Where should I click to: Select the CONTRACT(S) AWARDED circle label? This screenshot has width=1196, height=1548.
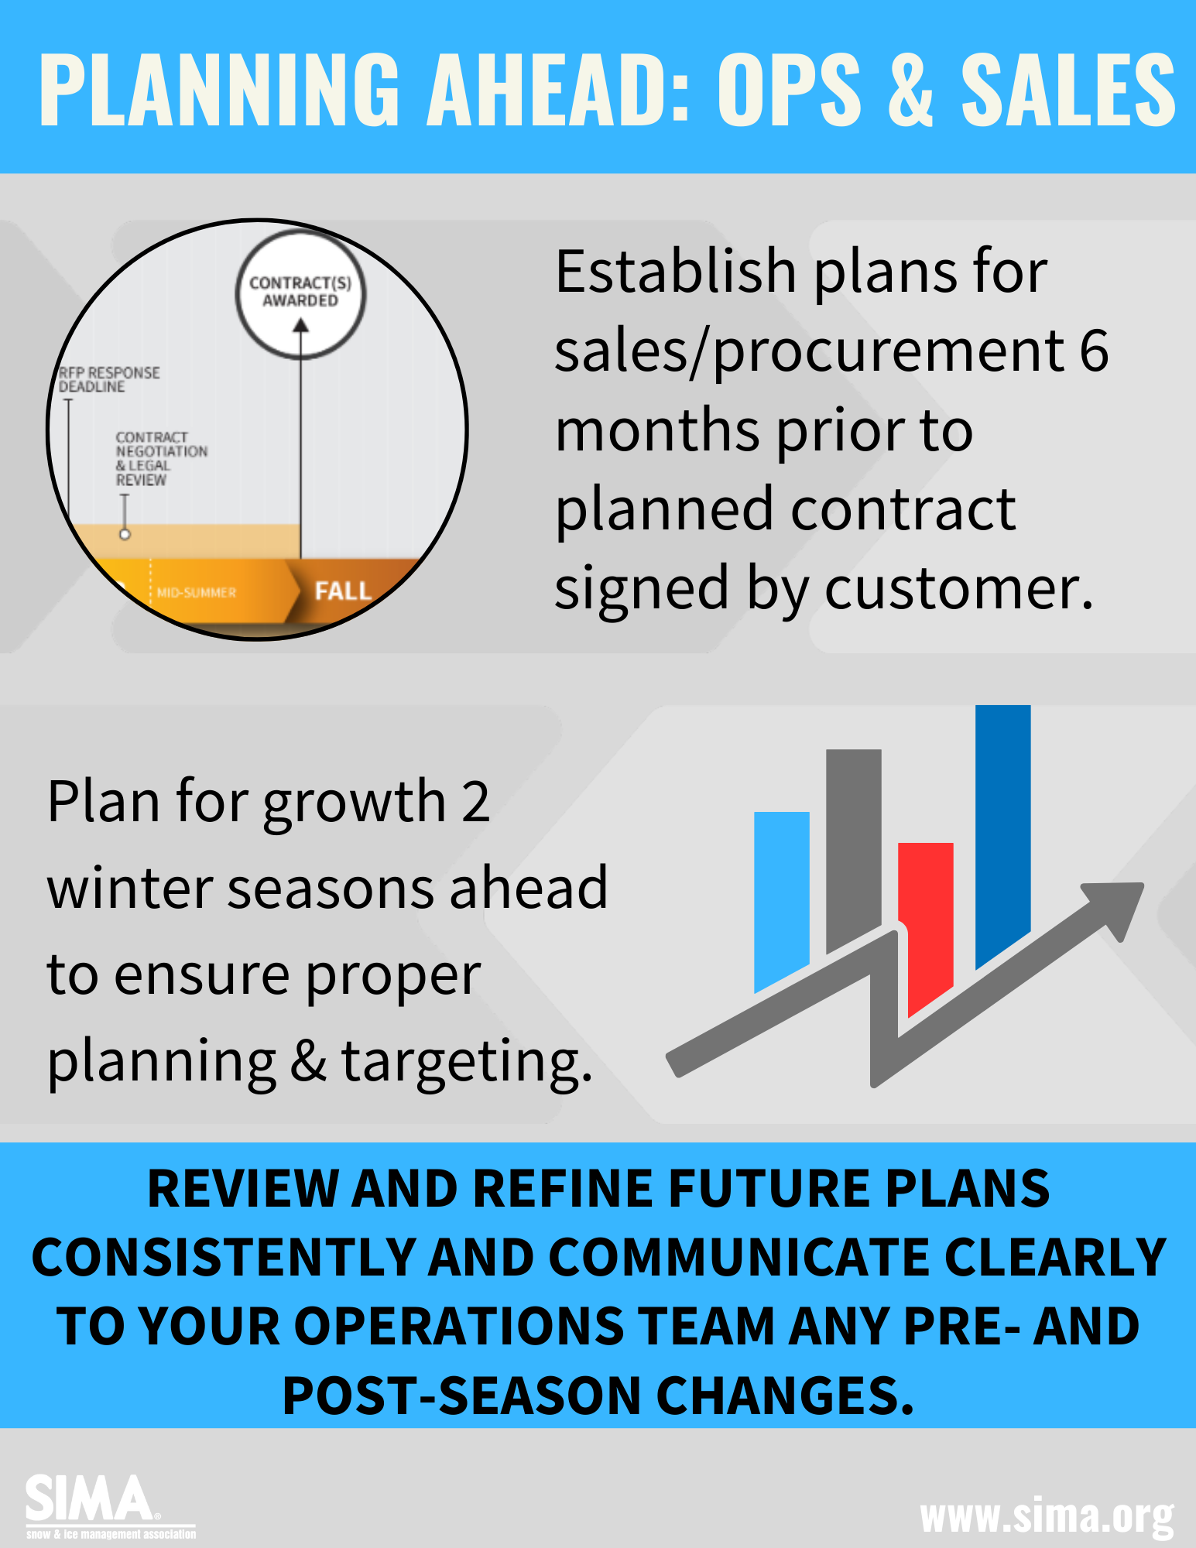click(x=300, y=292)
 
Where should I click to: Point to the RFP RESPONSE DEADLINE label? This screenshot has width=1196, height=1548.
click(x=109, y=379)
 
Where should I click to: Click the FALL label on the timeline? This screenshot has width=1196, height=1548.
click(x=343, y=591)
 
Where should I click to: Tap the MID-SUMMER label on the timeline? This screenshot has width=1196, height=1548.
click(x=197, y=593)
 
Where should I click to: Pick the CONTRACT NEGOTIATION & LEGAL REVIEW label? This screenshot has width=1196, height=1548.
click(x=160, y=458)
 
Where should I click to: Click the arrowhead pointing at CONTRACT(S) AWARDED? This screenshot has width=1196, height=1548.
click(x=300, y=326)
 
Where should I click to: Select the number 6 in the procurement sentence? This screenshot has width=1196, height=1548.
click(x=1093, y=351)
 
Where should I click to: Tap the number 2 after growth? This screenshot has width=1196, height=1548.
click(x=475, y=801)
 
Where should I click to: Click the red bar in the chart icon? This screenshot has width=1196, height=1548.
click(x=926, y=913)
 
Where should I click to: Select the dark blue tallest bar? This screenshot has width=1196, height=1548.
click(x=1002, y=820)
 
